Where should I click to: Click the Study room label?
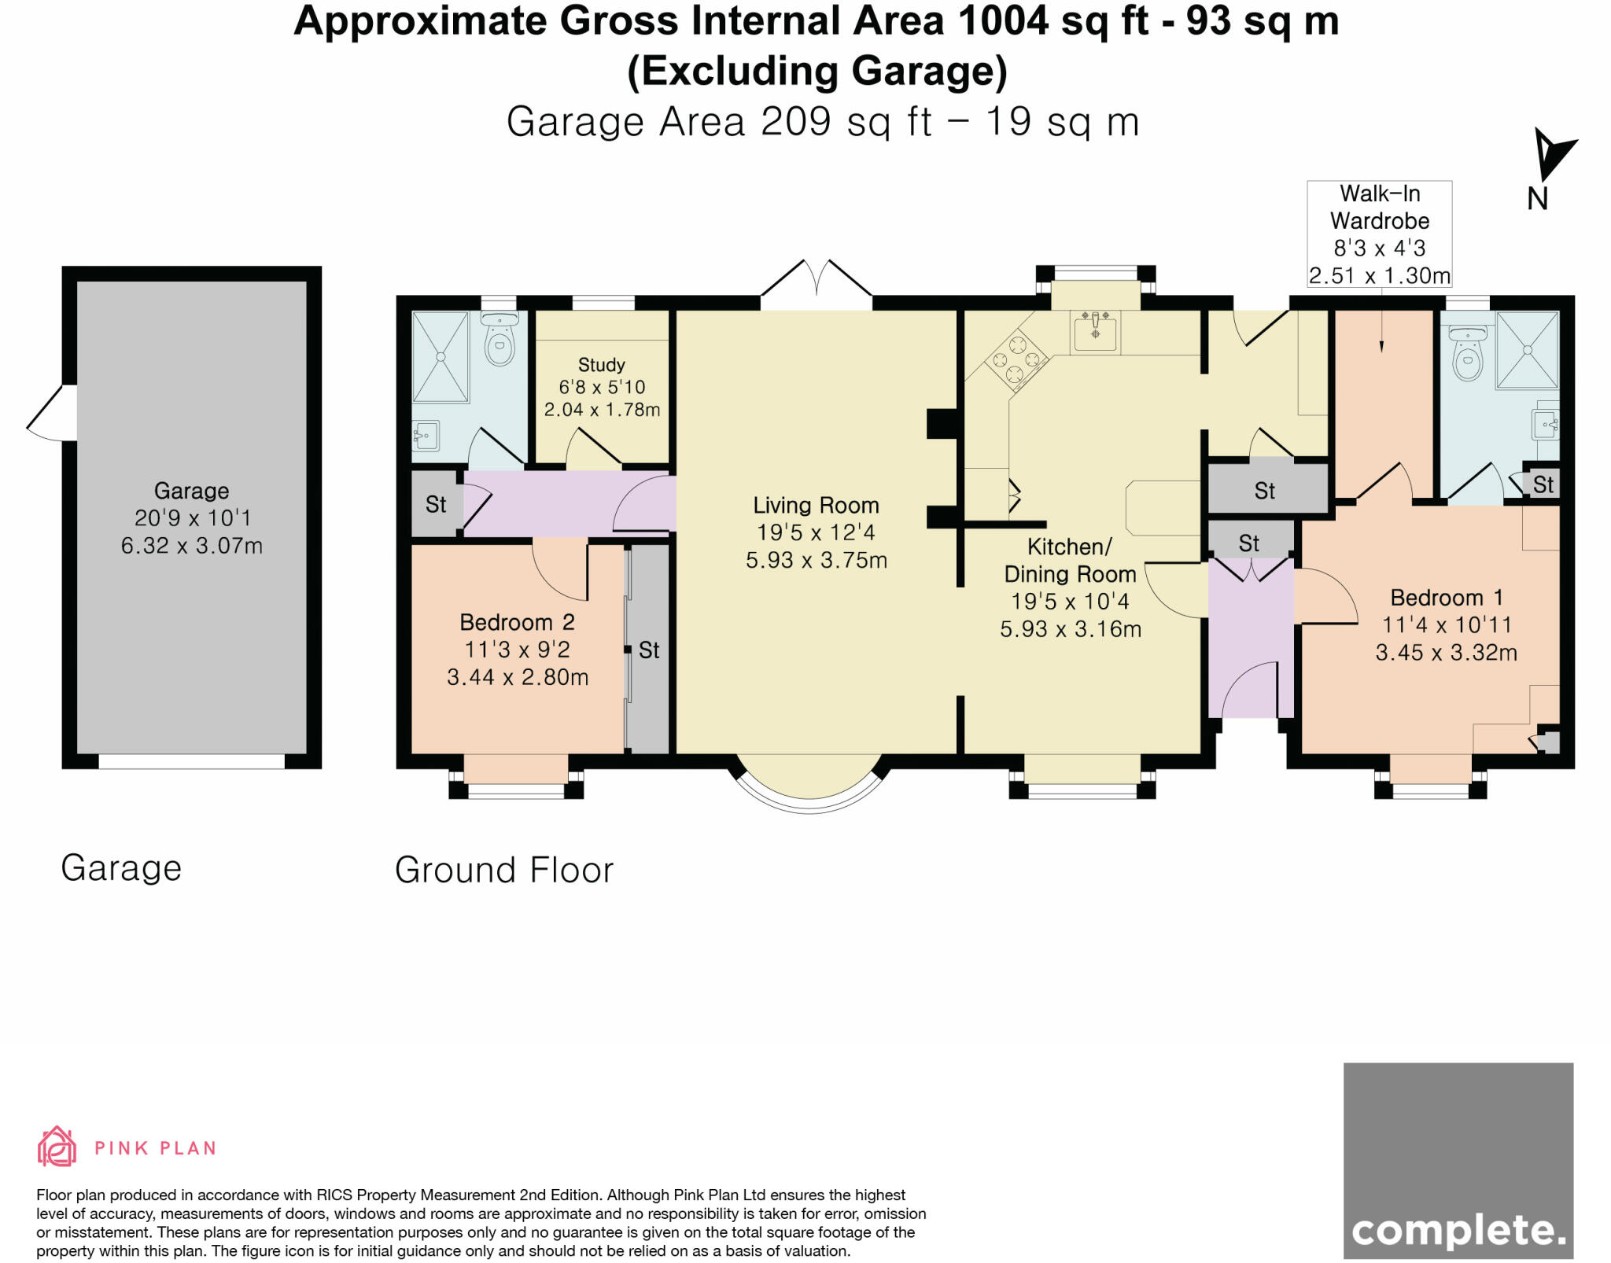click(601, 365)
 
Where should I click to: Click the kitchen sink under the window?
click(1095, 330)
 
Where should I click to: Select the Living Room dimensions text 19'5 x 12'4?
click(816, 533)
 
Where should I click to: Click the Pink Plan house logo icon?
click(57, 1147)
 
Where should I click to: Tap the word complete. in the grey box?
click(1458, 1231)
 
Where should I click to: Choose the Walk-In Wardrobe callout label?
click(1379, 234)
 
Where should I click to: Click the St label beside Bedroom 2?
click(649, 650)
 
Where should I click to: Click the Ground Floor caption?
click(503, 870)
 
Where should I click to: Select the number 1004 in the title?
click(1003, 21)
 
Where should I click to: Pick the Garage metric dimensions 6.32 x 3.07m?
click(191, 546)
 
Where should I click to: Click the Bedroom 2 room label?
click(517, 623)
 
